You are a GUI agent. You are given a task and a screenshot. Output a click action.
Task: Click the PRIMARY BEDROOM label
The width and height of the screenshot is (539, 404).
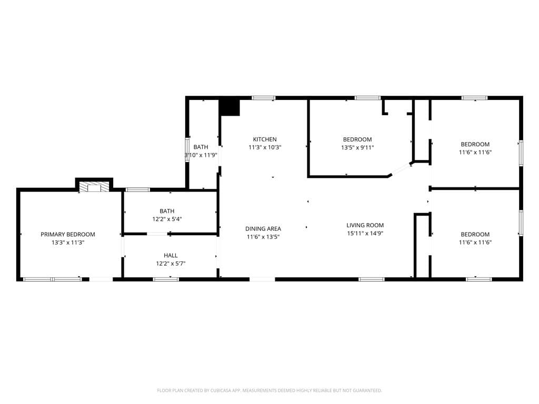pos(68,234)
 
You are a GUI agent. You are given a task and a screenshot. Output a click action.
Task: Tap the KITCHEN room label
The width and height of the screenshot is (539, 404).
pos(265,139)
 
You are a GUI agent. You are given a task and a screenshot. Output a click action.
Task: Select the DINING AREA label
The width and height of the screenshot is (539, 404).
pos(263,228)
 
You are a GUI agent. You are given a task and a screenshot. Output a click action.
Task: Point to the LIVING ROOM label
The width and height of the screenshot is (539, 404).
pos(365,225)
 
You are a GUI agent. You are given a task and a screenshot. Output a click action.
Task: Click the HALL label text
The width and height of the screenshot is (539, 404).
pos(171,255)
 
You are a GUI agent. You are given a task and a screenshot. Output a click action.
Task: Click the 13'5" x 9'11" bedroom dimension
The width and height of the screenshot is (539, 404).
pos(357,147)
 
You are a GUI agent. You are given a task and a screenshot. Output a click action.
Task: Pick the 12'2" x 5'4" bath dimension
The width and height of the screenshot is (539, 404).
pos(167,219)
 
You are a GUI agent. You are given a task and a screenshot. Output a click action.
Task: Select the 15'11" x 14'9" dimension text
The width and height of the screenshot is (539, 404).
pos(365,233)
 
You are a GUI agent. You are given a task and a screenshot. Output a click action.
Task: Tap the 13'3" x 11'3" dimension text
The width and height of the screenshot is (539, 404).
pos(68,243)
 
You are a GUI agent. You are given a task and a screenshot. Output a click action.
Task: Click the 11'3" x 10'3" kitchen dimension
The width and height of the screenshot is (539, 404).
pos(265,147)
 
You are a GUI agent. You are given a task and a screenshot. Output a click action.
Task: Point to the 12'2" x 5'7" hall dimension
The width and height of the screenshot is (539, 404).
pos(171,264)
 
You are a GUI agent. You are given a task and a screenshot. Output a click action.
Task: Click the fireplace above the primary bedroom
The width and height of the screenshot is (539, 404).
pos(94,187)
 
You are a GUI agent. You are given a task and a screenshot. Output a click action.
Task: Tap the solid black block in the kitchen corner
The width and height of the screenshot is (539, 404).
pos(229,107)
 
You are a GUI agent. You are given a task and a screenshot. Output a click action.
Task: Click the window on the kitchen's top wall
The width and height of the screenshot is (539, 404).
pos(263,98)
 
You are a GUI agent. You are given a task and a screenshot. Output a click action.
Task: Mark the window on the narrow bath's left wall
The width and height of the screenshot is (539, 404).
pos(187,149)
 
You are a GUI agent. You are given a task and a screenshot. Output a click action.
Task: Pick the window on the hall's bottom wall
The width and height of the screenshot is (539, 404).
pos(166,279)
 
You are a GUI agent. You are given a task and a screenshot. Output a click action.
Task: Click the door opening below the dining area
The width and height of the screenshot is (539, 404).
pos(262,279)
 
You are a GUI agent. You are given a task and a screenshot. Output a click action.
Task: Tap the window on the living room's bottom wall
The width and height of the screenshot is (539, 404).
pos(372,279)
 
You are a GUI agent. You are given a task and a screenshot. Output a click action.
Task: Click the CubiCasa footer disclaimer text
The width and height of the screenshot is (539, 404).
pos(269,390)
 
